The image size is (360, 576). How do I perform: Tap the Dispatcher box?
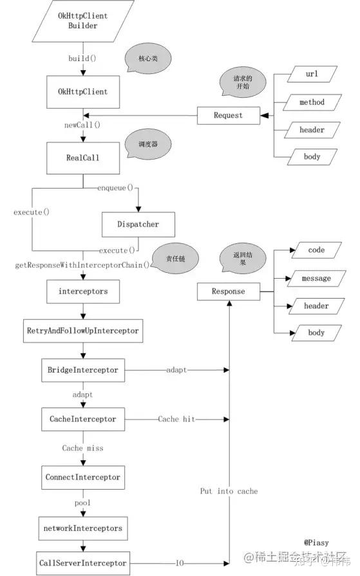point(138,225)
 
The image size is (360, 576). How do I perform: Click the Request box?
point(228,115)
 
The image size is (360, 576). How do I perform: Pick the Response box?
point(228,292)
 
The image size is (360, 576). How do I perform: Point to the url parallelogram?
point(312,75)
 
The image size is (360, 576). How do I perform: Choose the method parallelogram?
point(312,102)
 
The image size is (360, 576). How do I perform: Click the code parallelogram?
point(316,250)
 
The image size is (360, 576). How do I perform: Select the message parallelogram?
point(316,278)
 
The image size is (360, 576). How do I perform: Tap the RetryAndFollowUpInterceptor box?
point(82,331)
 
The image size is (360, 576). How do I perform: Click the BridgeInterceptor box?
point(82,371)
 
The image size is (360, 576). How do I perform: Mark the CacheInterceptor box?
point(82,419)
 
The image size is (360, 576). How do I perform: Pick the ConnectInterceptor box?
point(82,478)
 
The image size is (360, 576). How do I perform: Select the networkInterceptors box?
point(82,527)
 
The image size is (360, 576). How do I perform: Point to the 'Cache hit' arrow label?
point(177,419)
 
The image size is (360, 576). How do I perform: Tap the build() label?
point(83,59)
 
